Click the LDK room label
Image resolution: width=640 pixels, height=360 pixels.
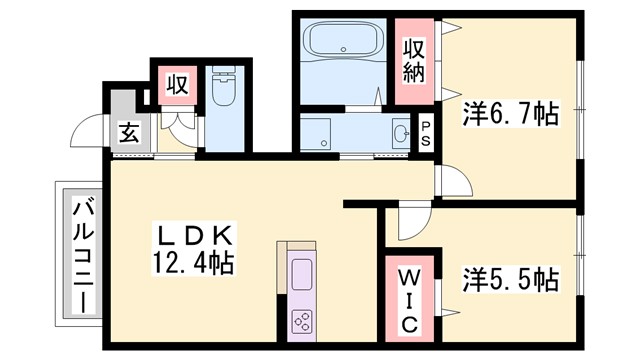pos(196,236)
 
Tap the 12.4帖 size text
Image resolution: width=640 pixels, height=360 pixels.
pos(196,264)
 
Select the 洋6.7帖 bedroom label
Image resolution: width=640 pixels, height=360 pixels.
pos(509,116)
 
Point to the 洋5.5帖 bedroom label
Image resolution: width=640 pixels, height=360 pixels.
pos(509,278)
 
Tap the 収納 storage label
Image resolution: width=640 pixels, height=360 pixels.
pos(415,59)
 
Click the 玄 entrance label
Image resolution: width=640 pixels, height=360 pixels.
pos(130,131)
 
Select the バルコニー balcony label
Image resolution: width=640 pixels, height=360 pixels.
pos(82,254)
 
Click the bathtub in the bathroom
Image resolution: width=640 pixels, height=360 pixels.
pos(342,42)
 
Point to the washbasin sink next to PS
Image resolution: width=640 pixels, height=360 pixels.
pos(400,134)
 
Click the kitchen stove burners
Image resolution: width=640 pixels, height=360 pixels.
pos(301,319)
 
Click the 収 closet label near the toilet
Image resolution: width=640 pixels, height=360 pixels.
pos(176,85)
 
